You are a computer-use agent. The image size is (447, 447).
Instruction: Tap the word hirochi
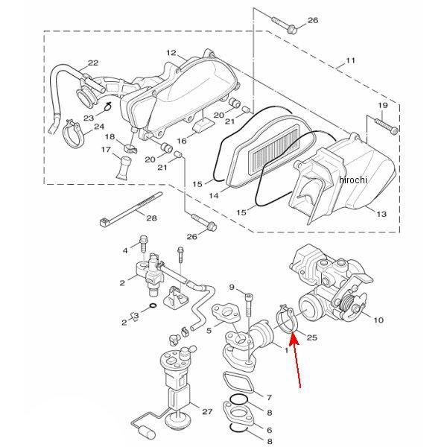353,180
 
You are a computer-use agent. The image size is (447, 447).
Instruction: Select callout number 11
350,60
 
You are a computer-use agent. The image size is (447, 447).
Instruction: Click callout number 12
171,53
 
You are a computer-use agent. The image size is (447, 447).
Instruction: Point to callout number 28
151,218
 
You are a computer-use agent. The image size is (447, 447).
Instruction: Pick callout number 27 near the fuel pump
207,411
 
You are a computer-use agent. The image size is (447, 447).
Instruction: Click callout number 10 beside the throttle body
378,320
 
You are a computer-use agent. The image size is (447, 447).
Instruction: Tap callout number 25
311,337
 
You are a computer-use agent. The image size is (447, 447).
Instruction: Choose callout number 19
383,105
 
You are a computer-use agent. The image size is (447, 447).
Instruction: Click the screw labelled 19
386,126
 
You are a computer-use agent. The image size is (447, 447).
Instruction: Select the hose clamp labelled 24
72,133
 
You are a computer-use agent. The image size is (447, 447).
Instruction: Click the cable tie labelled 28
131,208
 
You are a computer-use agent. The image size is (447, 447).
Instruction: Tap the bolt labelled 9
249,306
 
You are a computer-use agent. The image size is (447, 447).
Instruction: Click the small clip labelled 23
107,107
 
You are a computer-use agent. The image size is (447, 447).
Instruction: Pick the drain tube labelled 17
124,168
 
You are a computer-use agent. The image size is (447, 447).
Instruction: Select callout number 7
269,397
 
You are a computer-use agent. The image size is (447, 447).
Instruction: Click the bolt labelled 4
143,244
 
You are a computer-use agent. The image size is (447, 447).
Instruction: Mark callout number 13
381,214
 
